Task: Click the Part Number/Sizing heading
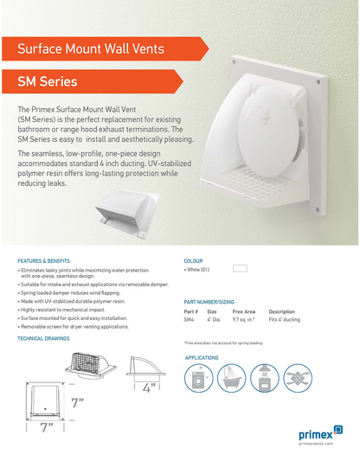(x=209, y=302)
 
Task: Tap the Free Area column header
(x=244, y=311)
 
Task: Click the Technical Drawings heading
(x=43, y=338)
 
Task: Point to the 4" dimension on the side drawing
(x=148, y=388)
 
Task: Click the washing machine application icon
(x=199, y=379)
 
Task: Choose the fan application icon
(x=264, y=379)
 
